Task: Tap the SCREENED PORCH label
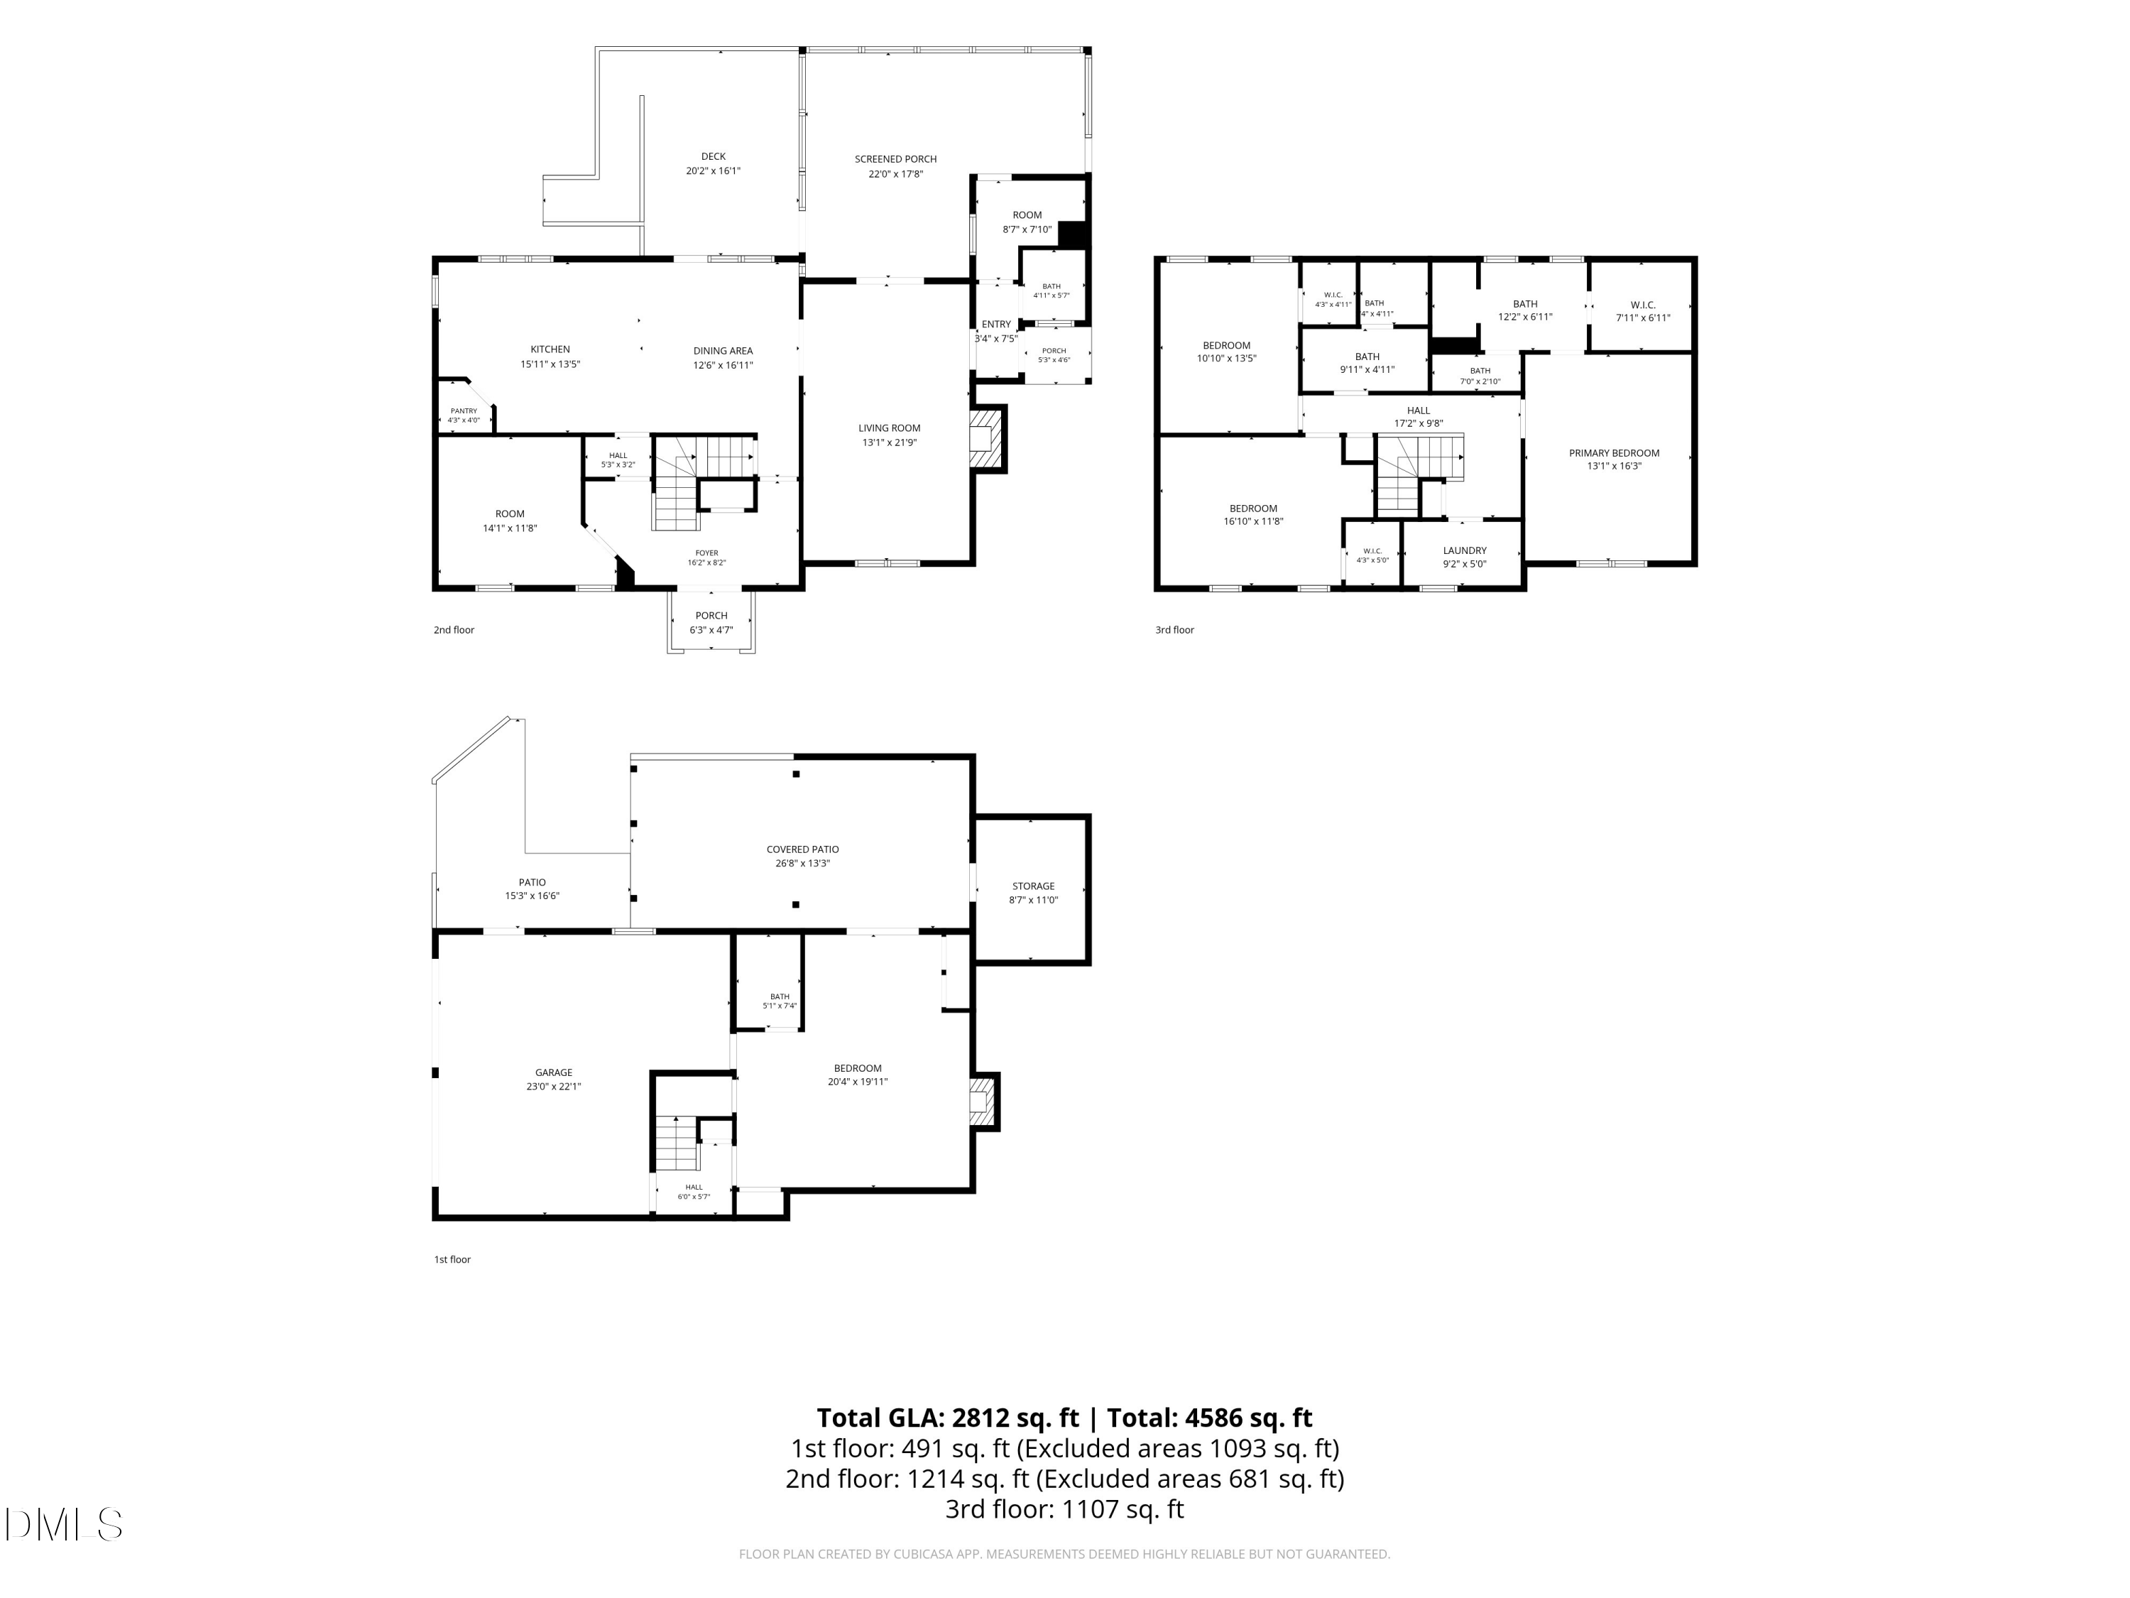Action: (895, 159)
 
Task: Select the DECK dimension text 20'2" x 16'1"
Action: (714, 171)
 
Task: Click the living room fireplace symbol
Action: (987, 439)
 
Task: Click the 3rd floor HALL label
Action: (1419, 411)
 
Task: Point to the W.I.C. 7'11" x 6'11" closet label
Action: (1643, 305)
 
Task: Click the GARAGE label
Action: (554, 1072)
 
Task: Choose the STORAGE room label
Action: (1033, 886)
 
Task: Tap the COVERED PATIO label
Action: (802, 849)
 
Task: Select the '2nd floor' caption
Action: (454, 630)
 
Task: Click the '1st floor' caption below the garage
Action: (452, 1259)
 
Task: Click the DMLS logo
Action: (64, 1525)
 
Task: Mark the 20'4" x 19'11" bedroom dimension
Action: (857, 1082)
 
